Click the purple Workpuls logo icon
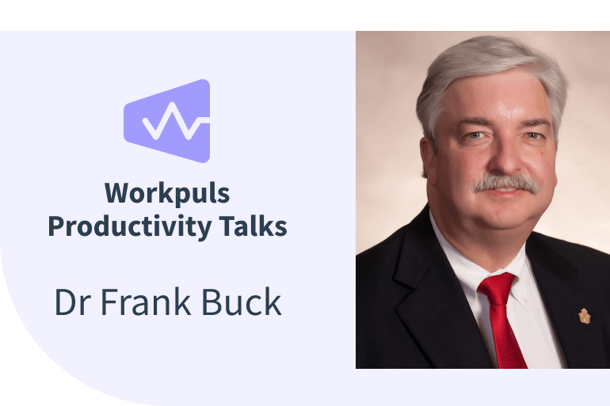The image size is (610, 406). pyautogui.click(x=166, y=120)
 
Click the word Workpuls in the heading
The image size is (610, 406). pyautogui.click(x=166, y=192)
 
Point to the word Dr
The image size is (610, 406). pyautogui.click(x=71, y=302)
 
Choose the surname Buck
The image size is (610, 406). pyautogui.click(x=244, y=302)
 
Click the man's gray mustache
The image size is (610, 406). pyautogui.click(x=505, y=184)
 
